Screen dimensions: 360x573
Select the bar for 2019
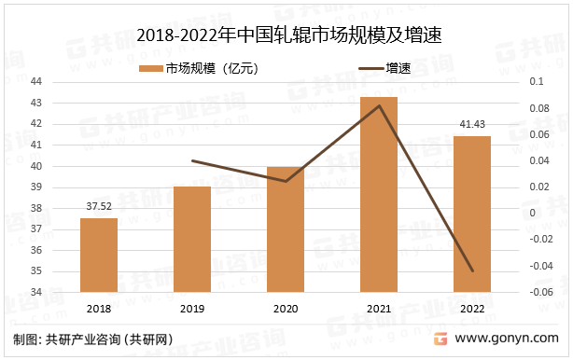(x=191, y=239)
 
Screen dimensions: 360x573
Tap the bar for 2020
(x=285, y=229)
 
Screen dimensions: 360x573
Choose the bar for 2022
(x=471, y=214)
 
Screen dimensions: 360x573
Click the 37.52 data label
(x=98, y=207)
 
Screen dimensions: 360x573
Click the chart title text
(x=287, y=35)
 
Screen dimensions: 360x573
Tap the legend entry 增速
(x=384, y=67)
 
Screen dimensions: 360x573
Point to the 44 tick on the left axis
(x=62, y=82)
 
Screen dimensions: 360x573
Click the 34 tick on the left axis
(x=62, y=292)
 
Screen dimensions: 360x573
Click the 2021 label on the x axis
(x=378, y=309)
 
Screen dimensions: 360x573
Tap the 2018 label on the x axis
(x=98, y=309)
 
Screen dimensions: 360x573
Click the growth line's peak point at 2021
(x=378, y=105)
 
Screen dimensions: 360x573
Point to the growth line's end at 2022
(x=471, y=271)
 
